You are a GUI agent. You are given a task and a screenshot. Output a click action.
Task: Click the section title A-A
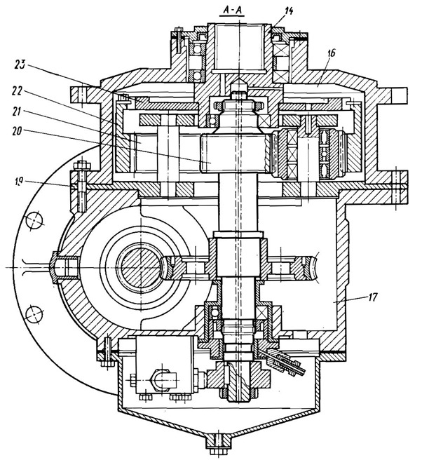233,11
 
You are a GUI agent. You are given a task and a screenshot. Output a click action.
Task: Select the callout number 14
288,11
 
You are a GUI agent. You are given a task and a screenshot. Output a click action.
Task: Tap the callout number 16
331,53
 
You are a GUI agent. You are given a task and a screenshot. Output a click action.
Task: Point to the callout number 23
20,65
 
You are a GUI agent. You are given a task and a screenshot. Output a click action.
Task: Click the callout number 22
18,92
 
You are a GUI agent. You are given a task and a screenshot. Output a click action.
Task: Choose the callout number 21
18,111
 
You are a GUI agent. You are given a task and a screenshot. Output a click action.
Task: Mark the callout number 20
17,131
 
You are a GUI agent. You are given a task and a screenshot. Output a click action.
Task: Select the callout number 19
18,182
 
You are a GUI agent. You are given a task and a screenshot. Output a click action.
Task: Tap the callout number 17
372,297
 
